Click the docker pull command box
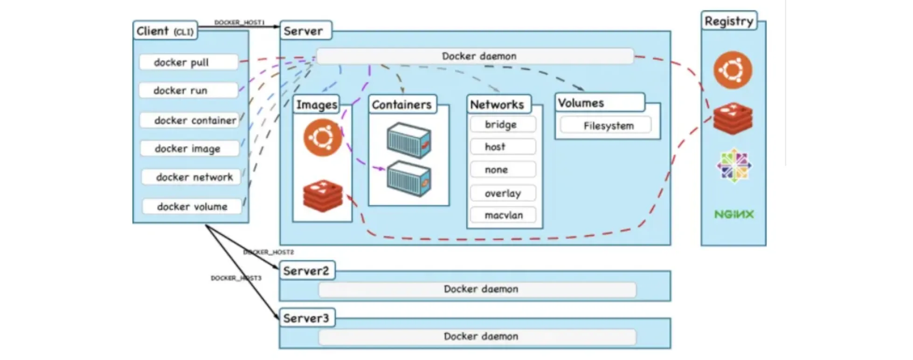click(189, 62)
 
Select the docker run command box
click(189, 90)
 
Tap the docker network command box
click(191, 177)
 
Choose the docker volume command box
click(192, 206)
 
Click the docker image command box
click(190, 148)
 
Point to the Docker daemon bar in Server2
click(477, 289)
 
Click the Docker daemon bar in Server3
click(477, 336)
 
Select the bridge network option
click(503, 125)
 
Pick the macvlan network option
click(503, 215)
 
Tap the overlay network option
click(503, 193)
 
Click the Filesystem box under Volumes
click(606, 125)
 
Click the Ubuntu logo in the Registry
click(733, 70)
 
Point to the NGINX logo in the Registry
click(734, 215)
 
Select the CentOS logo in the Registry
click(734, 166)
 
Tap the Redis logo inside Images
click(323, 196)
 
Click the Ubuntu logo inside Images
click(323, 138)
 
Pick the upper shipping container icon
click(409, 140)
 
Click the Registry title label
click(729, 21)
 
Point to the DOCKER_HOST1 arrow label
click(239, 22)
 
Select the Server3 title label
click(306, 318)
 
